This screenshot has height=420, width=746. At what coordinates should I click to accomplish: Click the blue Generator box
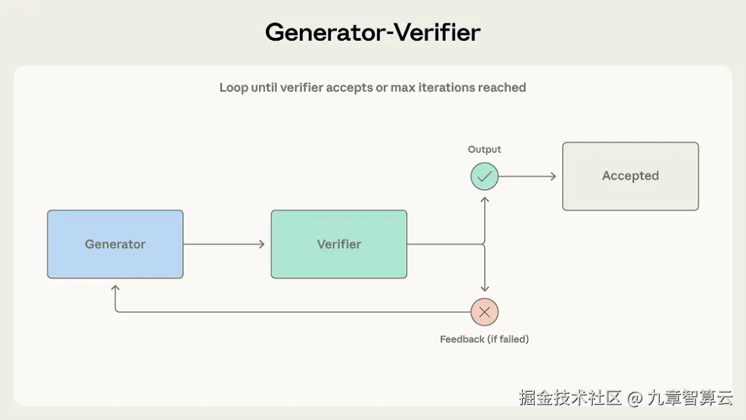pos(115,244)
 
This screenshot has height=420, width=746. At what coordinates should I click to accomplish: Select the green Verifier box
pos(338,244)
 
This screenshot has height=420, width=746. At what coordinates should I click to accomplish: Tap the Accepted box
pos(630,176)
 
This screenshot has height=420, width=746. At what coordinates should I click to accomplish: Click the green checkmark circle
pos(484,176)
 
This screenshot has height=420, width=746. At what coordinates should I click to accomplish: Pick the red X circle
pos(484,312)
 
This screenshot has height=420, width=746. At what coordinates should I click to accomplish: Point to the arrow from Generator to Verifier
pos(224,244)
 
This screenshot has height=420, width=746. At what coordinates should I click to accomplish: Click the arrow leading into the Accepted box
pos(528,176)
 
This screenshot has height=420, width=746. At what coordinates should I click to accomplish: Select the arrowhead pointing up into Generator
pos(115,289)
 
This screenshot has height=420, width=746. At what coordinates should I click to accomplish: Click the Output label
pos(484,149)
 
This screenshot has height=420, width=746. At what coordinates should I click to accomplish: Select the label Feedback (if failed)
pos(484,339)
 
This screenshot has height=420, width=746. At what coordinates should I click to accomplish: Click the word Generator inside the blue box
pos(115,244)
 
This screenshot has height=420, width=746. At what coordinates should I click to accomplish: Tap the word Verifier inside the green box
pos(338,244)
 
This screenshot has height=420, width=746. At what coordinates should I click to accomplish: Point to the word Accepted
pos(630,176)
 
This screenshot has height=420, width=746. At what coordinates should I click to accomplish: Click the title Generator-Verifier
pos(372,32)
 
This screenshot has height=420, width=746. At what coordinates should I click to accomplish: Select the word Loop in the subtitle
pos(233,88)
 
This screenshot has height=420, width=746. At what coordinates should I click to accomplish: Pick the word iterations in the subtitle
pos(444,88)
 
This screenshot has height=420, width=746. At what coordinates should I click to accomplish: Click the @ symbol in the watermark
pos(635,397)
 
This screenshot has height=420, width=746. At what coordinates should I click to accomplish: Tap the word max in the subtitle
pos(403,88)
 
